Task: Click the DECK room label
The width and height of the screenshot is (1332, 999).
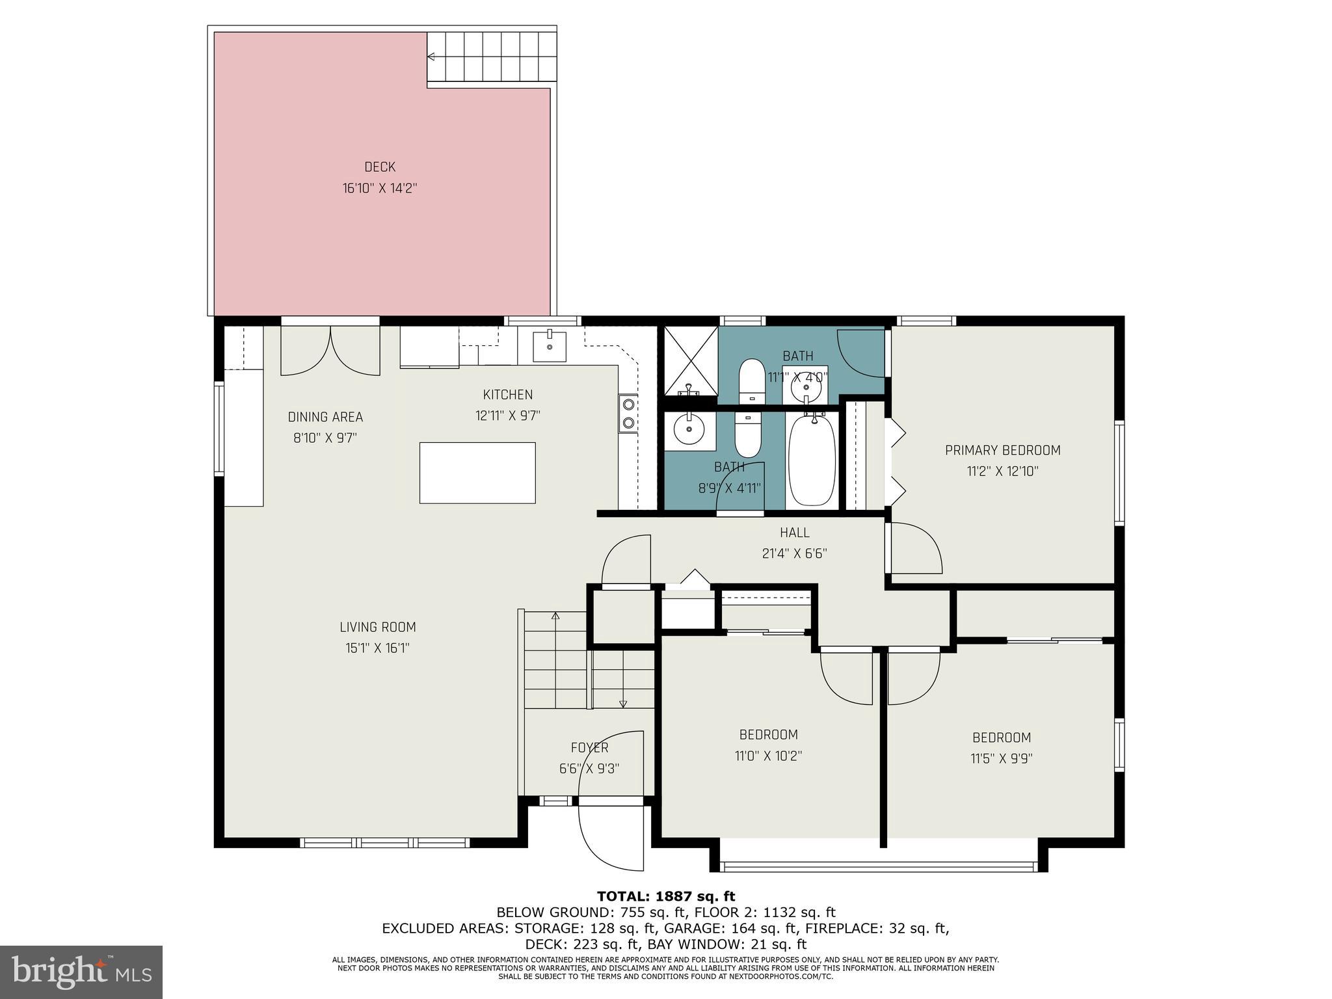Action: pyautogui.click(x=380, y=167)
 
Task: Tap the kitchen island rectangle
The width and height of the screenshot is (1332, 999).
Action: pyautogui.click(x=477, y=473)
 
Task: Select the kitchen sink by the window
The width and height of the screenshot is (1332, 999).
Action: pyautogui.click(x=550, y=346)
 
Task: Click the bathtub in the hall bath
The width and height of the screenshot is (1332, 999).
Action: pyautogui.click(x=812, y=460)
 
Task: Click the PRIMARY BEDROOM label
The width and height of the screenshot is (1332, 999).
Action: pyautogui.click(x=1002, y=450)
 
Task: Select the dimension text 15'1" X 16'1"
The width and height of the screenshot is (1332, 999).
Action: pyautogui.click(x=377, y=648)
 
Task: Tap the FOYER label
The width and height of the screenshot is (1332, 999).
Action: pyautogui.click(x=589, y=748)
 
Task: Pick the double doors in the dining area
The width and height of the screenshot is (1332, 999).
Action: pyautogui.click(x=330, y=351)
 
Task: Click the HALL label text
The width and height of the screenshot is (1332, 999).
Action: pyautogui.click(x=794, y=533)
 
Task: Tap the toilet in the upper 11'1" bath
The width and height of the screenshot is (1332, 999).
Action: pyautogui.click(x=753, y=380)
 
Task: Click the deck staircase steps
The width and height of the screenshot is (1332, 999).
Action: pyautogui.click(x=492, y=57)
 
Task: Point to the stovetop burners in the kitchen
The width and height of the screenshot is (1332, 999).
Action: pyautogui.click(x=628, y=414)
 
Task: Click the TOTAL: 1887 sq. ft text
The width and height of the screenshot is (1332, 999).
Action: pyautogui.click(x=666, y=897)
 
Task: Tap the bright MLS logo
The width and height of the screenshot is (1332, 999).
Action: pyautogui.click(x=81, y=972)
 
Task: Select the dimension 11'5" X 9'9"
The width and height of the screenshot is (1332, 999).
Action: pyautogui.click(x=1002, y=758)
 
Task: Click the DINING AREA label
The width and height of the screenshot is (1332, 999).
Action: pyautogui.click(x=325, y=417)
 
